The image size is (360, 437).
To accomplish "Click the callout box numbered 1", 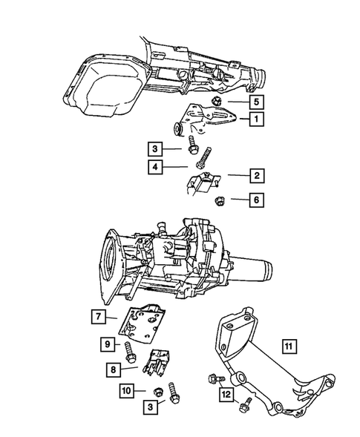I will [x=254, y=118].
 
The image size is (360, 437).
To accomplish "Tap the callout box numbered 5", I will [x=254, y=100].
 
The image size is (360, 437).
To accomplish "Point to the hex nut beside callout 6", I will [x=220, y=200].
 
